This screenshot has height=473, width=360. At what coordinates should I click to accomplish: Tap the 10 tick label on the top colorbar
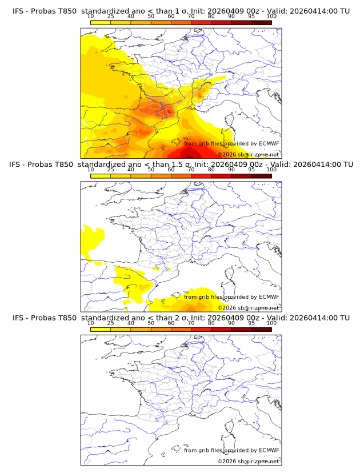coord(90,17)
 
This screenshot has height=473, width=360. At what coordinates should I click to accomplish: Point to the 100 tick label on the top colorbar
coord(271,17)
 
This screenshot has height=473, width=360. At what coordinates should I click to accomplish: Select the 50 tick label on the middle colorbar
coord(151,170)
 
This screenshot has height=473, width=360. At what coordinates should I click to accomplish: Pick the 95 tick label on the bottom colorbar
coord(251,323)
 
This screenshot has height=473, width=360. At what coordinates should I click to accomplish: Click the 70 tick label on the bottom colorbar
coord(191,323)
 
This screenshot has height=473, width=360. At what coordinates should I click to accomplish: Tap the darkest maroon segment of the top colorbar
coord(261,23)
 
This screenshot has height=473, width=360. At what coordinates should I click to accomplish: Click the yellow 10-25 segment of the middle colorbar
coord(100,176)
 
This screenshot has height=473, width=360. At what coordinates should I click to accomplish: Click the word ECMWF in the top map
coord(269,144)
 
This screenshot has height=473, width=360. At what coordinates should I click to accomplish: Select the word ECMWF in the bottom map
coord(269,450)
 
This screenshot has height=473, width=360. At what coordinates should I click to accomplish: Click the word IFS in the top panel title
coord(18,11)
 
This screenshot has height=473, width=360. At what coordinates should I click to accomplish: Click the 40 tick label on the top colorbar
coord(131,17)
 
